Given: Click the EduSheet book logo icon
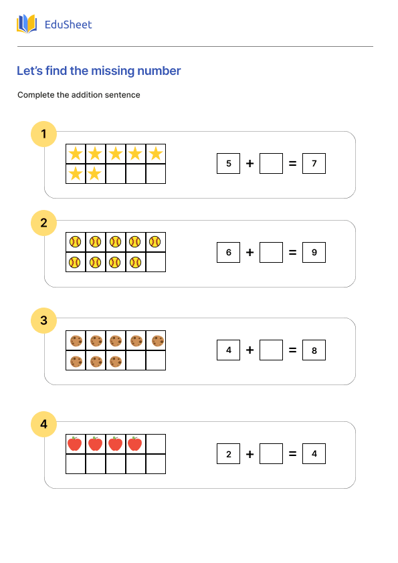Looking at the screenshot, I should point(27,25).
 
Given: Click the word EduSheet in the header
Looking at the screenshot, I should point(68,25).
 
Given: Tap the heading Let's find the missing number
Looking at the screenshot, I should point(98,71).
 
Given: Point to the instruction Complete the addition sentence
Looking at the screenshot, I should point(79,95).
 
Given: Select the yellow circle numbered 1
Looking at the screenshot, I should point(43,134).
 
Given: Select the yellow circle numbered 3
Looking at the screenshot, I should point(43,320).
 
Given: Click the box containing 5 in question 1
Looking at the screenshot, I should point(228,163).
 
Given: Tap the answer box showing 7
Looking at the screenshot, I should point(314,163).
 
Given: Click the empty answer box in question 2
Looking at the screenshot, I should point(271,252).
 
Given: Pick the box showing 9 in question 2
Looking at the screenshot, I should point(314,252).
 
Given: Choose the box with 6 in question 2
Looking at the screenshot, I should point(228,252).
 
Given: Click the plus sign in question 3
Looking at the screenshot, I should point(250,350).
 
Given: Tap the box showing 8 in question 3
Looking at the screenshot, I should point(314,350).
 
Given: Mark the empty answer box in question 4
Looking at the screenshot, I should point(271,454).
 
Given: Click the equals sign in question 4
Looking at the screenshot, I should point(292,454).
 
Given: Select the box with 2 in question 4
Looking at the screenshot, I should point(228,454).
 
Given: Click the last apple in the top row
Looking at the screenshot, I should point(135,444).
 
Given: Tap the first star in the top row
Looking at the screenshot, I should point(76,154).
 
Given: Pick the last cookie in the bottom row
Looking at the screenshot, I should point(116,361).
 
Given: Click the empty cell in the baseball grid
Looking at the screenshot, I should point(155,262).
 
